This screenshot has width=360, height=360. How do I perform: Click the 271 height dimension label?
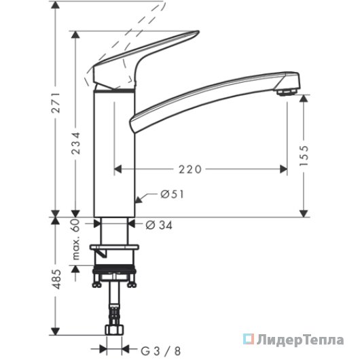point(56,103)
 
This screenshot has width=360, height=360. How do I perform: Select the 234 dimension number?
point(76,143)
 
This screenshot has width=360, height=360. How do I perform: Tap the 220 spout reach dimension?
point(190,169)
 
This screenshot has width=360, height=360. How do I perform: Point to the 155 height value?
point(304,155)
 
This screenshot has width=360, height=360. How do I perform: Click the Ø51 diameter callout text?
point(173,194)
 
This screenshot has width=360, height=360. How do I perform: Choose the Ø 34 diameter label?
point(159,226)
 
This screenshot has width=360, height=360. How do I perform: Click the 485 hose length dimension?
point(56,279)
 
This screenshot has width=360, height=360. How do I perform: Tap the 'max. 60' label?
point(76,240)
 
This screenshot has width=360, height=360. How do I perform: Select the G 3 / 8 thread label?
point(160,351)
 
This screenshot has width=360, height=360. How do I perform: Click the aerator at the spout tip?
point(287,92)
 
